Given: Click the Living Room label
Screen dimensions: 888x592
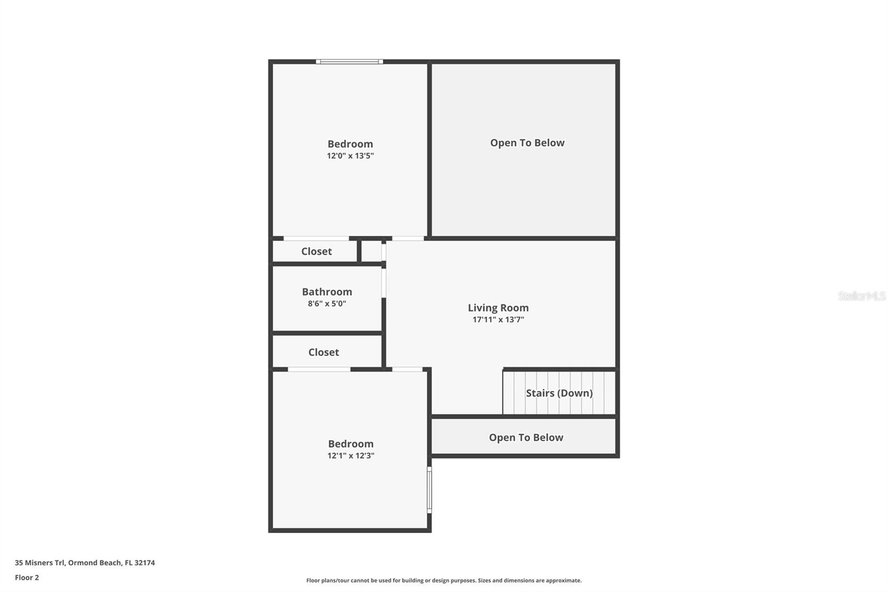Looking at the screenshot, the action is tap(498, 308).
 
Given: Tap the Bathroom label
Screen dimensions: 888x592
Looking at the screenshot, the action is tap(327, 292).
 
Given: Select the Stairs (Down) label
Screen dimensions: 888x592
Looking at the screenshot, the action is tap(559, 393).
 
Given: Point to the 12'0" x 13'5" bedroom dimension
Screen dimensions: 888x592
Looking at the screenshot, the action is tap(350, 155).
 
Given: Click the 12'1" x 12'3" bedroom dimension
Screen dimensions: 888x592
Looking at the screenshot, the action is tap(350, 455).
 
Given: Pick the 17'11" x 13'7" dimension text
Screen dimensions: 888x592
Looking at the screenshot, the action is tap(498, 319).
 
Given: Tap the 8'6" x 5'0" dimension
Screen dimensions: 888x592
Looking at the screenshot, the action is tap(327, 304).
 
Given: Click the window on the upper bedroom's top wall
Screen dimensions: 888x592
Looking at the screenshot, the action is tap(349, 62).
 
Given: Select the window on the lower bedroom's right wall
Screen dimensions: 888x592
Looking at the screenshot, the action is tap(429, 490).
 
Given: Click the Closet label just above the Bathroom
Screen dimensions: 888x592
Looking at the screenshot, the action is tap(316, 251).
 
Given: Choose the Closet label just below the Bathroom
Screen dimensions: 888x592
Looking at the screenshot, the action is tap(324, 352).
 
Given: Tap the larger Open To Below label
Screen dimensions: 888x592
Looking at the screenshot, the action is tap(527, 143).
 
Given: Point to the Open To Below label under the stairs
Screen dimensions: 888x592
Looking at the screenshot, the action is tap(526, 437).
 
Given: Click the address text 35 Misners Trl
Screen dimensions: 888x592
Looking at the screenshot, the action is tap(39, 563).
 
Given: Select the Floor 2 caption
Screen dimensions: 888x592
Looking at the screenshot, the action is tap(27, 578).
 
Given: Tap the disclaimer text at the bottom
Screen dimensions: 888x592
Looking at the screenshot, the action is tap(444, 580).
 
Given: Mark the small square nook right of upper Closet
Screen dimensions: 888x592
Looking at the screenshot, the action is tap(371, 251).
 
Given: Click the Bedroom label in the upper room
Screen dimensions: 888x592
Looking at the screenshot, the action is tap(350, 144).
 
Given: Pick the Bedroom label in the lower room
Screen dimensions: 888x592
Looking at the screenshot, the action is tap(350, 444).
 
